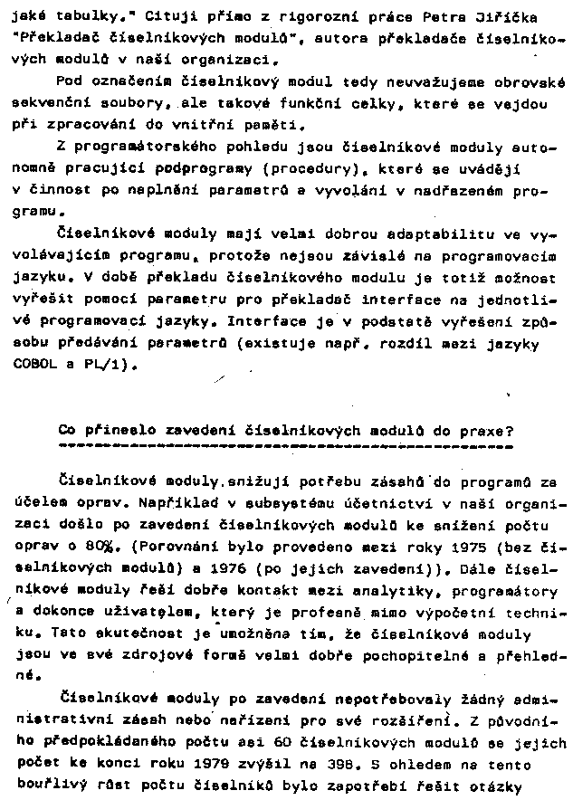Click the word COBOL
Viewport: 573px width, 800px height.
33,364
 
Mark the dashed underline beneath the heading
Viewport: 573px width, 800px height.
284,446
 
